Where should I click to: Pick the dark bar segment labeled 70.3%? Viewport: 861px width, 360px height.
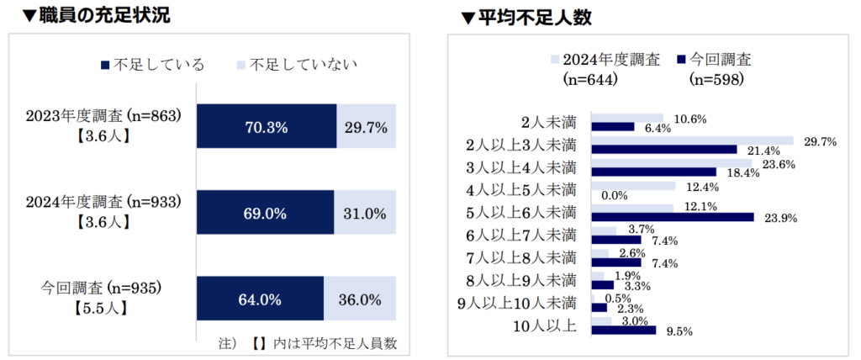point(267,127)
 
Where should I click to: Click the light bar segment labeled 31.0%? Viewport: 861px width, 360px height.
point(365,214)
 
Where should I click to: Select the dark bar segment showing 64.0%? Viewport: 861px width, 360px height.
point(260,299)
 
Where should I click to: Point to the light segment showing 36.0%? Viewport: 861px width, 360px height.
point(360,299)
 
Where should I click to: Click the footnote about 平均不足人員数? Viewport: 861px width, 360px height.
point(313,343)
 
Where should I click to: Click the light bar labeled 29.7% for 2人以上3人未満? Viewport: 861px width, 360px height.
point(693,140)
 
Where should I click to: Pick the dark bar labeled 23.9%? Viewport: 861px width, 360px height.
point(673,216)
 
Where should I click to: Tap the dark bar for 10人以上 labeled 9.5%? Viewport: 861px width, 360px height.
point(623,330)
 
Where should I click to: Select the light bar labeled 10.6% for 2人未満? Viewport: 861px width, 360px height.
point(627,118)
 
